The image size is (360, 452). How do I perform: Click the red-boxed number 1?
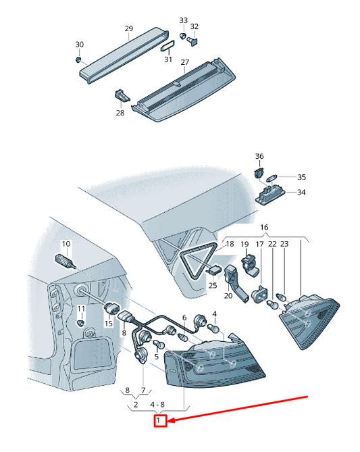[x=158, y=420]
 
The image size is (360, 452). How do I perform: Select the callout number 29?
[x=129, y=28]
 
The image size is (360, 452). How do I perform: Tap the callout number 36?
[x=259, y=156]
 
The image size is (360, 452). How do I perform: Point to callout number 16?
[x=264, y=227]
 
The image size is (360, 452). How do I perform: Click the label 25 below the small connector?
[x=213, y=286]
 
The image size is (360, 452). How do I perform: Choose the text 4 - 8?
[x=157, y=405]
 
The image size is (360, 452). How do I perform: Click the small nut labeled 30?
[x=78, y=60]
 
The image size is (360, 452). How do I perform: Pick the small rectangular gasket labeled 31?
[x=168, y=46]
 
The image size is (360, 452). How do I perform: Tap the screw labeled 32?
[x=192, y=41]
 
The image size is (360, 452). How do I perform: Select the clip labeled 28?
[x=122, y=95]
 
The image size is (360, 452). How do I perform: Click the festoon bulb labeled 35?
[x=272, y=178]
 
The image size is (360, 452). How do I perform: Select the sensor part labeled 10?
[x=65, y=261]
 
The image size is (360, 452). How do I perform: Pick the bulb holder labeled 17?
[x=260, y=295]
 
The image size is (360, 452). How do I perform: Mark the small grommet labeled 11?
[x=81, y=323]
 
